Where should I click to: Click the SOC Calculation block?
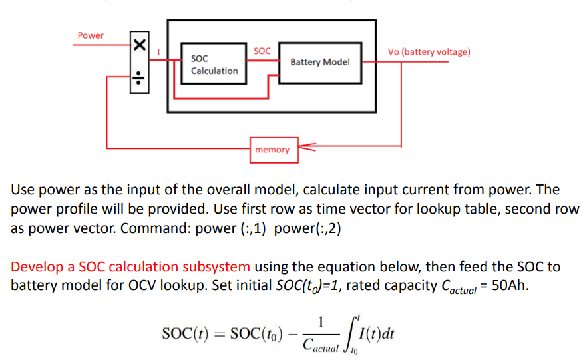coord(214,64)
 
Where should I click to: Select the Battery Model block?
coord(320,62)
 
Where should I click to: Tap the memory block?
coord(272,150)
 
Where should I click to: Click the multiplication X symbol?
coord(139,46)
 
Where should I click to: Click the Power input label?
coord(91,35)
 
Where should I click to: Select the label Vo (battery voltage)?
coord(429,52)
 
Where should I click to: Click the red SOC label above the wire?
coord(262,51)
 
